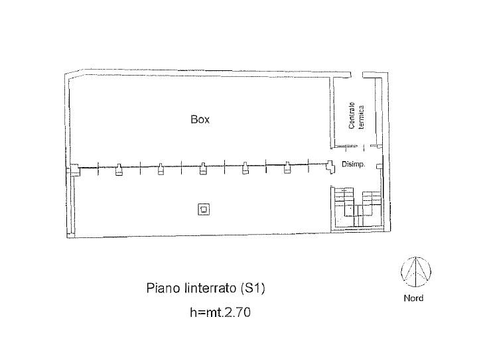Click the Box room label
pyautogui.click(x=200, y=119)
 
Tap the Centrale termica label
pyautogui.click(x=356, y=115)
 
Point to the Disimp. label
pyautogui.click(x=353, y=164)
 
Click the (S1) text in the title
pyautogui.click(x=253, y=288)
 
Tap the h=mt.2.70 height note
pyautogui.click(x=220, y=312)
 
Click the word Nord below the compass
pyautogui.click(x=413, y=298)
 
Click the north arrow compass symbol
pyautogui.click(x=416, y=272)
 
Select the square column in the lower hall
pyautogui.click(x=204, y=210)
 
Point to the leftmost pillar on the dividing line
pyautogui.click(x=74, y=170)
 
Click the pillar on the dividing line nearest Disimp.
pyautogui.click(x=330, y=167)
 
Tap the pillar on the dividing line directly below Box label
pyautogui.click(x=203, y=169)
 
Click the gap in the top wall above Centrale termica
pyautogui.click(x=357, y=75)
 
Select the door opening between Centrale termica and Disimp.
pyautogui.click(x=364, y=147)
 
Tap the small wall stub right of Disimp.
pyautogui.click(x=380, y=166)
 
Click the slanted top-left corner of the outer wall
pyautogui.click(x=74, y=73)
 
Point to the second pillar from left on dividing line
pyautogui.click(x=118, y=170)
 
